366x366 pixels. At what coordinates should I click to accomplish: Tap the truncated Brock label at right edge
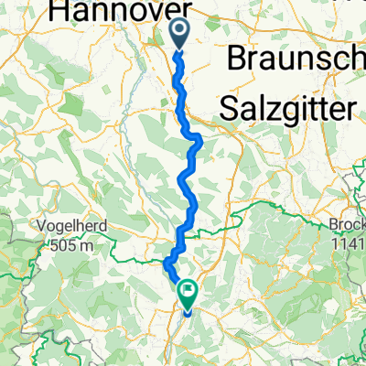[346, 226]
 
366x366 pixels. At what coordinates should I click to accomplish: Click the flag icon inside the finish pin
[188, 292]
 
